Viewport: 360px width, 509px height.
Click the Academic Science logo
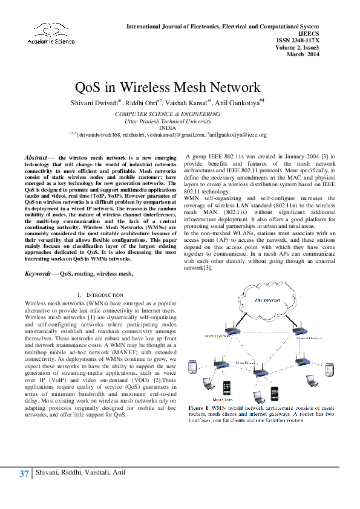tap(51, 33)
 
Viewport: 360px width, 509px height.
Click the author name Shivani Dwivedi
tap(94, 104)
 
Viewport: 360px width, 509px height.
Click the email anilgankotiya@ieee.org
tap(238, 135)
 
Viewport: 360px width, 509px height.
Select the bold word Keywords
tap(37, 274)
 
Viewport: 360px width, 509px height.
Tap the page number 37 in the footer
tap(24, 473)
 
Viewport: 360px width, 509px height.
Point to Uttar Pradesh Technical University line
tap(168, 121)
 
